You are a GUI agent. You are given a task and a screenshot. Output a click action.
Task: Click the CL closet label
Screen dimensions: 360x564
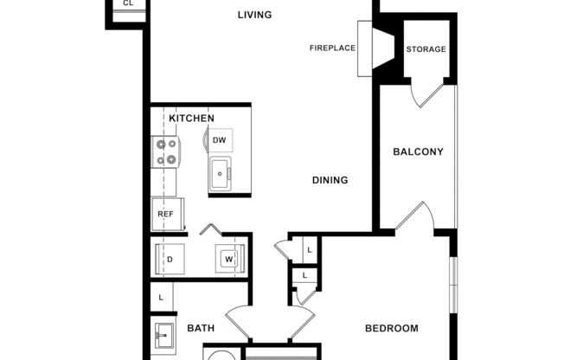(128, 3)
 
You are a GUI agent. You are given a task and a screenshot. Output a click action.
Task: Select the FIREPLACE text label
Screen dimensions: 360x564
(333, 48)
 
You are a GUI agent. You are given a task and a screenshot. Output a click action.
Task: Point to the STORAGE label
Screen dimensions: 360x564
(426, 49)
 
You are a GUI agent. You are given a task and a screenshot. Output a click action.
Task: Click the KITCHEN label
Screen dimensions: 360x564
(191, 118)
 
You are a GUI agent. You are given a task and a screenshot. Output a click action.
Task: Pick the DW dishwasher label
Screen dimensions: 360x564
(220, 139)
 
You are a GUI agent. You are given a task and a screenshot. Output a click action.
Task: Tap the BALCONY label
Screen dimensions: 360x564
(418, 152)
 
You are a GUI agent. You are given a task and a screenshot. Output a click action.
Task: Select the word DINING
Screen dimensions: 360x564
(330, 181)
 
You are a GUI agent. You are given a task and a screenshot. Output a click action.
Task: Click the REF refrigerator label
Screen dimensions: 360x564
(164, 214)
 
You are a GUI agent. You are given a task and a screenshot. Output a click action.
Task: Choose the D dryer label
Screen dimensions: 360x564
(170, 259)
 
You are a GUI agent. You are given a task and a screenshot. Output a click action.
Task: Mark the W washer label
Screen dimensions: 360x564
(229, 259)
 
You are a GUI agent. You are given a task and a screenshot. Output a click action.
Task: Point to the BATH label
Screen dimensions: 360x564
(201, 329)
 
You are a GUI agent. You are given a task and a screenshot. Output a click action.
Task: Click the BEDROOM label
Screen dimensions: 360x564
(391, 329)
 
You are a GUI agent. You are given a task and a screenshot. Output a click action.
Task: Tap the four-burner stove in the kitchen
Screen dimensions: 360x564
(165, 151)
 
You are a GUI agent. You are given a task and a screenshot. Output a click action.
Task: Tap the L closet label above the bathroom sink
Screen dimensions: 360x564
(161, 298)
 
